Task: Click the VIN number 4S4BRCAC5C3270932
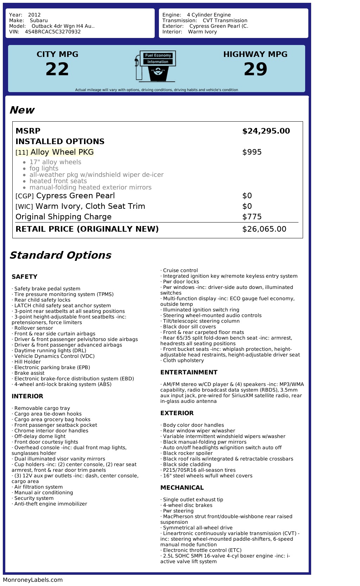coord(53,32)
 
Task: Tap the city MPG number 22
coord(57,69)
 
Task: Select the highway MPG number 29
coord(256,69)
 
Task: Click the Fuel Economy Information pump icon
coord(155,66)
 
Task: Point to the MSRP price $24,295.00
coord(266,131)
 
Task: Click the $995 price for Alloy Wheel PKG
coord(252,152)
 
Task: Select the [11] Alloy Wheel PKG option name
coord(54,152)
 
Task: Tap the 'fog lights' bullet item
coord(44,168)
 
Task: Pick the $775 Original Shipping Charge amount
coord(252,217)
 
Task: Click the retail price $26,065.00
coord(264,229)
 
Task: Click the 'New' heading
coord(22,110)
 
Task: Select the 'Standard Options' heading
coord(60,255)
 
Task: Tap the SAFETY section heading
coord(24,277)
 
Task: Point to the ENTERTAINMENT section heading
coord(189,372)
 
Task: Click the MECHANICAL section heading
coord(182,488)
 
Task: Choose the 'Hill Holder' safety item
coord(27,362)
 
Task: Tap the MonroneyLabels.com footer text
coord(33,580)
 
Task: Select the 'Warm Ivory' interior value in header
coord(202,32)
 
